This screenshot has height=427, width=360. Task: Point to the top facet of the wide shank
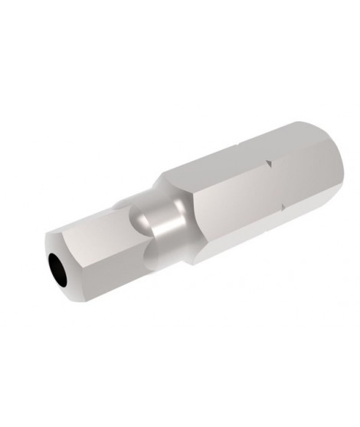(230, 153)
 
